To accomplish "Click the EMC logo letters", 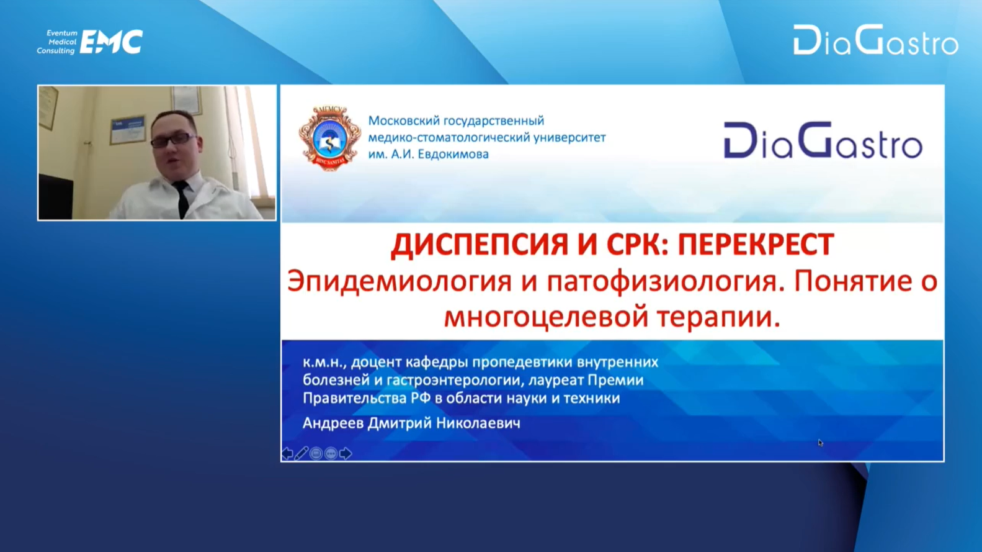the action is tap(112, 42).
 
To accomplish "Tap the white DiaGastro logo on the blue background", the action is tap(876, 40).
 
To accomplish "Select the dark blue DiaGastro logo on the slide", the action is tap(823, 140).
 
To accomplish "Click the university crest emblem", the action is tap(330, 138).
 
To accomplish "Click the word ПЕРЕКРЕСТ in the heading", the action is tap(756, 244).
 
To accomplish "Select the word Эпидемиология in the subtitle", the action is tap(399, 282).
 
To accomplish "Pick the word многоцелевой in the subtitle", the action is tap(547, 318).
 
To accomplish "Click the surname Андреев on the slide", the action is tap(333, 423).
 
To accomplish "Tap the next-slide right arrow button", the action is tap(346, 453).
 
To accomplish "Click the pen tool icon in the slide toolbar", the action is tap(301, 453).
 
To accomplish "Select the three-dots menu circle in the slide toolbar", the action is tap(331, 453).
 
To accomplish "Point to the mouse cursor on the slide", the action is tap(820, 443).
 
